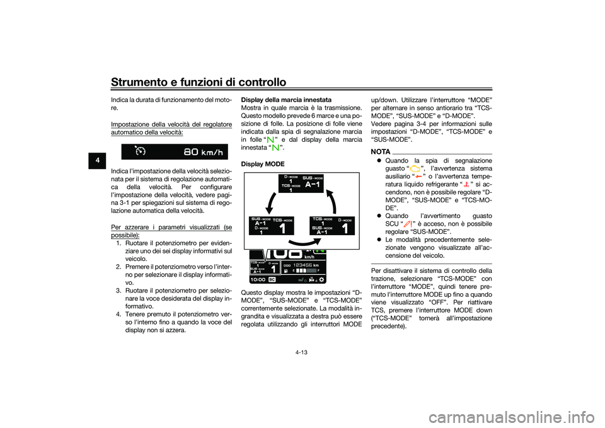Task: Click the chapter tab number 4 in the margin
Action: [95, 157]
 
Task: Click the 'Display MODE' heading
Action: [262, 163]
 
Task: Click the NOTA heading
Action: [381, 152]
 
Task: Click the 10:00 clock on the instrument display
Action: [257, 278]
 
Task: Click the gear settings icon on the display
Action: [321, 278]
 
